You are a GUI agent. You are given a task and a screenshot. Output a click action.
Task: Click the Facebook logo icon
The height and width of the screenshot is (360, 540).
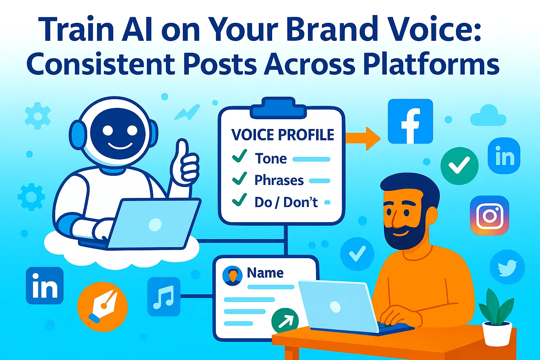pyautogui.click(x=410, y=121)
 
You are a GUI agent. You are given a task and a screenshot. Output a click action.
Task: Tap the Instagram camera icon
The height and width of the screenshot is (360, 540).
pyautogui.click(x=489, y=215)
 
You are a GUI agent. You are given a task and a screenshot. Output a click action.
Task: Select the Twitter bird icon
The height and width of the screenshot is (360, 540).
pyautogui.click(x=507, y=267)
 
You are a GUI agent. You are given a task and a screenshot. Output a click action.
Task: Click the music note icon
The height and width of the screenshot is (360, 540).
pyautogui.click(x=163, y=296)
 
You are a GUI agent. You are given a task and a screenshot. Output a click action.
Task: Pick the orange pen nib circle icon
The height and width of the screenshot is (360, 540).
pyautogui.click(x=102, y=307)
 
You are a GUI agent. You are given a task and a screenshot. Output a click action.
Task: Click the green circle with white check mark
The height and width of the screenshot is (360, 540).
pyautogui.click(x=459, y=166)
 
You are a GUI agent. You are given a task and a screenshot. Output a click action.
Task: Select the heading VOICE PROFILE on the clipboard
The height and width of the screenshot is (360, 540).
pyautogui.click(x=282, y=135)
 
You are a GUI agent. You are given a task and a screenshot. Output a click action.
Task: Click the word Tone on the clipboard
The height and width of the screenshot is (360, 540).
pyautogui.click(x=271, y=159)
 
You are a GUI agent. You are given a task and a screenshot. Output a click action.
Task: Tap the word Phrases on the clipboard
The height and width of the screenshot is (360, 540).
pyautogui.click(x=279, y=180)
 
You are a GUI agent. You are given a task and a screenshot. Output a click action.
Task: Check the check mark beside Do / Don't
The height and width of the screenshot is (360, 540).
pyautogui.click(x=239, y=200)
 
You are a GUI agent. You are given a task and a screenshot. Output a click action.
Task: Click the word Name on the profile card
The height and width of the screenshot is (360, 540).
pyautogui.click(x=265, y=273)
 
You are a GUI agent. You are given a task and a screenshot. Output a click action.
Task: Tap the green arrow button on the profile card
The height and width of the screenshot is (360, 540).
pyautogui.click(x=285, y=320)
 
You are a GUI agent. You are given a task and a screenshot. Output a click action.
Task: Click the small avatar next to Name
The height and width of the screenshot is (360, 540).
pyautogui.click(x=232, y=275)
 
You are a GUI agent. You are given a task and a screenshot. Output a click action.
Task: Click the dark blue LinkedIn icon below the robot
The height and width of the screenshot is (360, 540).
pyautogui.click(x=45, y=285)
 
